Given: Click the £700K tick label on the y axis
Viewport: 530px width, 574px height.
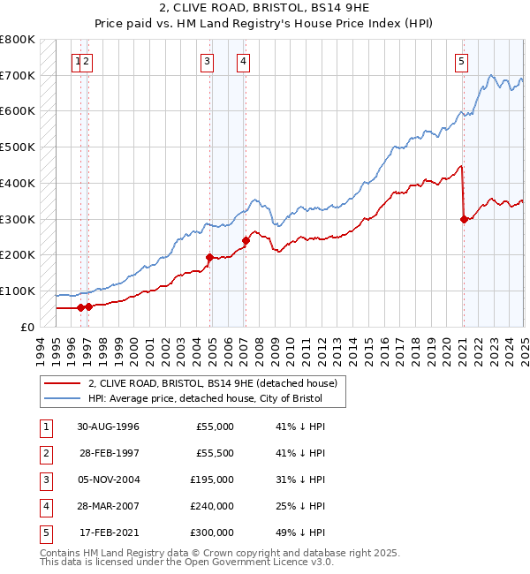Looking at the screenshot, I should coord(18,75).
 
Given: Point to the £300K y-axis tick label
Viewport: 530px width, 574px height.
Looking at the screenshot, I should coord(18,219).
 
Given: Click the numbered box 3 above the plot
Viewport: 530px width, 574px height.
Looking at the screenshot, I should coord(206,61).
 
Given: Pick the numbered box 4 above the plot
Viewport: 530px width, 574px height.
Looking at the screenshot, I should coord(242,61).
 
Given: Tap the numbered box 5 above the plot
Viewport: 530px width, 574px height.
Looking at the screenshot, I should coord(462,61).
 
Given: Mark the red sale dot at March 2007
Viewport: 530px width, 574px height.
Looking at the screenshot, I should coord(246,240).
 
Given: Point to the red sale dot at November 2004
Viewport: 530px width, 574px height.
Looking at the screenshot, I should coord(209,257).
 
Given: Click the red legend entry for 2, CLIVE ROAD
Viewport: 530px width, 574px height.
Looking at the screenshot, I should coord(213,383).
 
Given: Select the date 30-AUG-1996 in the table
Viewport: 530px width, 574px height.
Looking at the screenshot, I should coord(108,427).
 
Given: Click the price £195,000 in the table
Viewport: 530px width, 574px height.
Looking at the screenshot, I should coord(213,480).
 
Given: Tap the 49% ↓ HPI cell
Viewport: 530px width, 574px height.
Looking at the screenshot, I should coord(300,532).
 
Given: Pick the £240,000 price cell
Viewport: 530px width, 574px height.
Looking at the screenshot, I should coord(213,506).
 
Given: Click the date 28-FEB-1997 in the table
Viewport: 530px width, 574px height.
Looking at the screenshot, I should coord(108,453).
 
